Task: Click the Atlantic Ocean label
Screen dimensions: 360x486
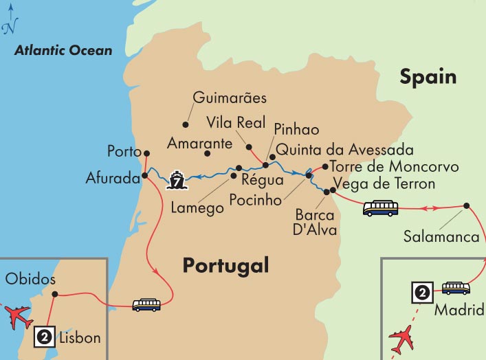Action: click(x=63, y=50)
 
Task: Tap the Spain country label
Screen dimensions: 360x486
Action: click(x=428, y=76)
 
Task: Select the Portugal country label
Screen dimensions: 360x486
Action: click(x=225, y=265)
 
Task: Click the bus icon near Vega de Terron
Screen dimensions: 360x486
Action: click(x=380, y=207)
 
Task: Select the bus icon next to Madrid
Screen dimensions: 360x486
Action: click(x=455, y=289)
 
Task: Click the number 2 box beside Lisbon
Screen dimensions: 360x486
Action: click(x=45, y=337)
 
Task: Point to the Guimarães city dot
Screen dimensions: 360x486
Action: click(x=185, y=124)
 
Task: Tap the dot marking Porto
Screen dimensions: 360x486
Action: click(x=146, y=153)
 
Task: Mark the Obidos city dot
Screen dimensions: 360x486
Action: click(x=54, y=294)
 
